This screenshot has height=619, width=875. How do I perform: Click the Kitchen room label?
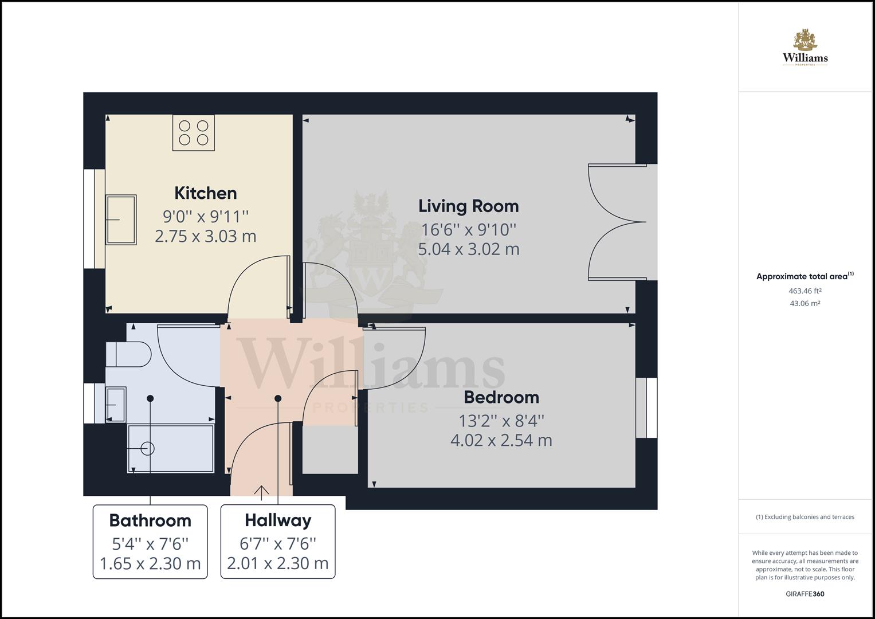coord(205,193)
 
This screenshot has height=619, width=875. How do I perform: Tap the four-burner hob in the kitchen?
coord(194,132)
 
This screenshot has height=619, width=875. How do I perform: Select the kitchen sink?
coord(121,220)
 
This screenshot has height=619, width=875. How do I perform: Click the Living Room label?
coord(468,206)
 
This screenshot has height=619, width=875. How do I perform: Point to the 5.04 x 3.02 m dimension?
coord(468,249)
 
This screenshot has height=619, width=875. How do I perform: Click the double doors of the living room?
coord(618,222)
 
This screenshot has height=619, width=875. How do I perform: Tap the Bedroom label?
coord(501,397)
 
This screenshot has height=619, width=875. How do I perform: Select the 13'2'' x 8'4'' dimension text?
coord(501,421)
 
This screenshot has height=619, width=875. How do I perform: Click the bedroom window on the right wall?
coord(647,408)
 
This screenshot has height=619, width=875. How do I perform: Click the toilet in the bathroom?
coord(129,354)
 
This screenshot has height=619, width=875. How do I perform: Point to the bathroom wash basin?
coord(116,405)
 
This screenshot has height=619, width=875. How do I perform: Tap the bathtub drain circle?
coord(147,448)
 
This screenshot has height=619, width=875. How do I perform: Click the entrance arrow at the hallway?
coord(261,491)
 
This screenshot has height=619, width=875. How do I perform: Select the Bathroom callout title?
coord(150,520)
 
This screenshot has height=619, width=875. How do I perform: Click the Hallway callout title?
coord(278,520)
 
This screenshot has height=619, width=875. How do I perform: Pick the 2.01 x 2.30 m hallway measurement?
coord(278,563)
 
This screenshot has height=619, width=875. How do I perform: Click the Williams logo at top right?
coord(805,49)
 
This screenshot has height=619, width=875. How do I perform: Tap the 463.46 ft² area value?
coord(805,291)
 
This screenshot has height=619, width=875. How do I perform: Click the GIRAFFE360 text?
coord(805,594)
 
